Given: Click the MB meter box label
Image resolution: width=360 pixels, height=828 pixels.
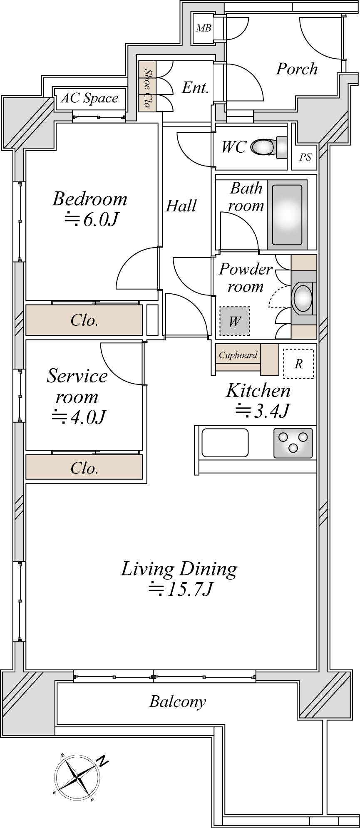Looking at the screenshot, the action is pos(204,28).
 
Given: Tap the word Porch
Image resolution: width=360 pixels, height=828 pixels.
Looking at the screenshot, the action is pos(297,69).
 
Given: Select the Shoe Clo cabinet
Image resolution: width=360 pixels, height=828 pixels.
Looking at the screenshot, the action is pos(147,86).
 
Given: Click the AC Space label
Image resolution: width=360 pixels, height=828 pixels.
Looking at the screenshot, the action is pos(89,99).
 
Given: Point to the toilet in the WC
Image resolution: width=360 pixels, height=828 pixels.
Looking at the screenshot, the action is pos(269,147).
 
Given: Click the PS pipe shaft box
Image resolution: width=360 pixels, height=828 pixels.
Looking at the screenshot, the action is pos(305,157).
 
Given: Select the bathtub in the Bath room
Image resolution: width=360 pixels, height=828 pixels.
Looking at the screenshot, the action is pos(287,215).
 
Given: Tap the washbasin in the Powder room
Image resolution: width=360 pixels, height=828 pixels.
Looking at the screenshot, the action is pos(303,297).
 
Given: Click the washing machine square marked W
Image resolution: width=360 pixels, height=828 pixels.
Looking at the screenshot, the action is pos(235,321).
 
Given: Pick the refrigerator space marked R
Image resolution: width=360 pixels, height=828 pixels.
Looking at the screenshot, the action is pos(298,364).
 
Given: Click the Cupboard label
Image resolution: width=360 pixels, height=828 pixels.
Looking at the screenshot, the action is pos(238,355).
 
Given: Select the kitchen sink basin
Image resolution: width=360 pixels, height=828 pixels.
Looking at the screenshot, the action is pos(225,443).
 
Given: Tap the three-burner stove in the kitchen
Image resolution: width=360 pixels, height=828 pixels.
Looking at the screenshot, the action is pos(293,443).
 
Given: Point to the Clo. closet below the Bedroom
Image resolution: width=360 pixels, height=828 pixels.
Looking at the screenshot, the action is pos(84,320).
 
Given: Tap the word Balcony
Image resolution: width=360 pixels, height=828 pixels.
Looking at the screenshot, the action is pos(178,702).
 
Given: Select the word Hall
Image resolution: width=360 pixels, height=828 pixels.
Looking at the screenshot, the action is pos(181,206).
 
